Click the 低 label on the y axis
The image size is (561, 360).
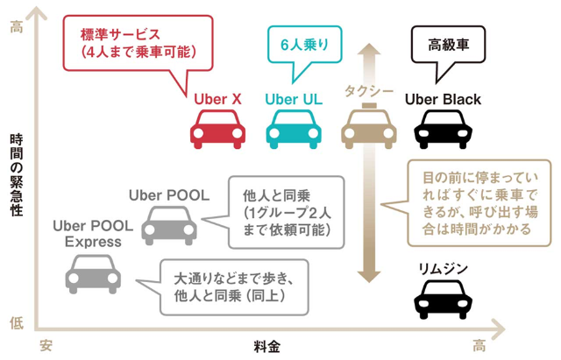16,322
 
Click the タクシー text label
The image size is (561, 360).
369,91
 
